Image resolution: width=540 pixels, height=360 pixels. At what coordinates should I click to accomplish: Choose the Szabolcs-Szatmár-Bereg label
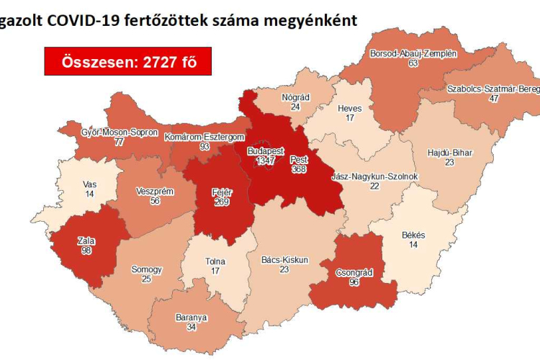point(492,89)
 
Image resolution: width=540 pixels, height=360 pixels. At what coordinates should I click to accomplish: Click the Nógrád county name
point(295,97)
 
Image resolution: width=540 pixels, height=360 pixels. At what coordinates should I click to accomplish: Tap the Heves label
point(350,108)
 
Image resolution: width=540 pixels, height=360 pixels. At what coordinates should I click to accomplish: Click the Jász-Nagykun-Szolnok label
point(374,176)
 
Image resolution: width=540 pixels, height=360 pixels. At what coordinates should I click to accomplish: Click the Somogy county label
point(146,270)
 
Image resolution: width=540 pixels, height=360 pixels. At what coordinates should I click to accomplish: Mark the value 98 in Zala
point(86,251)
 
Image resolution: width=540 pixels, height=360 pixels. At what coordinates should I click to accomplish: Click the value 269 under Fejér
point(221,202)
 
